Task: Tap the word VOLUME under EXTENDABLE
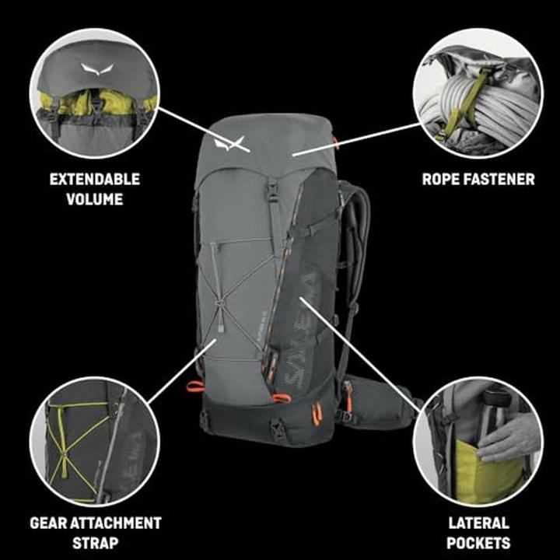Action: pyautogui.click(x=95, y=199)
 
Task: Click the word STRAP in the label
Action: pyautogui.click(x=95, y=543)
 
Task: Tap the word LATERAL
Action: pyautogui.click(x=478, y=523)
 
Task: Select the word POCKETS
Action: pyautogui.click(x=478, y=543)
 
